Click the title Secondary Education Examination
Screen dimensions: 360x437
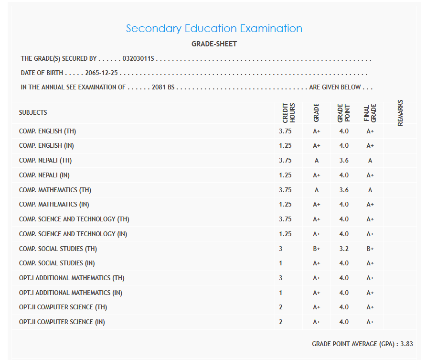click(214, 29)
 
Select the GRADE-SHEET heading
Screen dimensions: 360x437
click(214, 44)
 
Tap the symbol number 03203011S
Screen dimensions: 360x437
click(138, 59)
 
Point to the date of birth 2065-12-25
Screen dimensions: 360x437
click(101, 74)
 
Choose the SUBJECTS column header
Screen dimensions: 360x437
click(33, 113)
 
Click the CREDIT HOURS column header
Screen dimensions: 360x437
click(289, 113)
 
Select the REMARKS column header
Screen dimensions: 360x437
click(400, 113)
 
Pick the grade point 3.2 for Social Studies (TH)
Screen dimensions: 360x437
click(344, 249)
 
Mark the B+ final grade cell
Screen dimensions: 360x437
click(370, 249)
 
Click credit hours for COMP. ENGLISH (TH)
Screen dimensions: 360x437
click(285, 131)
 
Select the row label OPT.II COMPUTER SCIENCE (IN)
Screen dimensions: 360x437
click(62, 322)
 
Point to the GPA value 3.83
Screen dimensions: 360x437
click(406, 344)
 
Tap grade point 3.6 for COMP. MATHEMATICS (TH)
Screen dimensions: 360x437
click(344, 190)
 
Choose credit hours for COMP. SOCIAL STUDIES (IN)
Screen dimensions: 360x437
click(281, 263)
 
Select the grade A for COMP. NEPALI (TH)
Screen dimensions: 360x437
click(317, 161)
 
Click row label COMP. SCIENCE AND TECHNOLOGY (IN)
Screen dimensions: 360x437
click(73, 234)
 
